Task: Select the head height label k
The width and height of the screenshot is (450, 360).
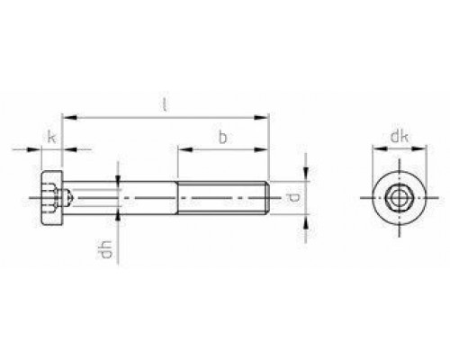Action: [52, 139]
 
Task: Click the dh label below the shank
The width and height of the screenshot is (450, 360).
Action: [106, 246]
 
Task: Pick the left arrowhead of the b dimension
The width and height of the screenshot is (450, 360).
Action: [180, 149]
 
